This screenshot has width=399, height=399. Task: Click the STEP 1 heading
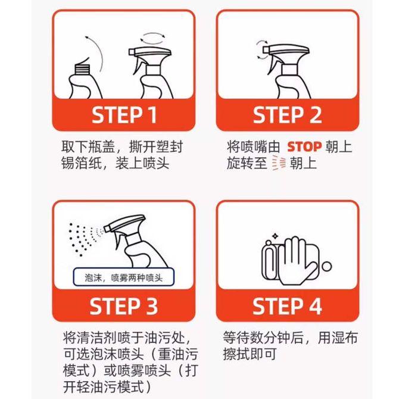pos(124,116)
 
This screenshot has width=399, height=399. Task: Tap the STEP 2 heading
pos(287,116)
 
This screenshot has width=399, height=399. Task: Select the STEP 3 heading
pos(124,306)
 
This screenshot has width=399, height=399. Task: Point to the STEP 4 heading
pos(287,306)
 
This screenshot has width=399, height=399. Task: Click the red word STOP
pos(304,147)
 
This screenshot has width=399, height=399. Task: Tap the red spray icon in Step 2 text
pos(279,163)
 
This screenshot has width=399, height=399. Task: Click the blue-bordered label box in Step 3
pos(124,277)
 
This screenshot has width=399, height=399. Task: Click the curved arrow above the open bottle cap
pos(95,52)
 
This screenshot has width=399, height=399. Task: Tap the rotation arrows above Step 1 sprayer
pos(152,39)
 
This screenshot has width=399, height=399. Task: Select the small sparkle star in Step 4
pos(275,236)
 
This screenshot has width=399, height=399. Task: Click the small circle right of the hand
pos(326,267)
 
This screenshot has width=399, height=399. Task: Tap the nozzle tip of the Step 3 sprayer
pos(107,229)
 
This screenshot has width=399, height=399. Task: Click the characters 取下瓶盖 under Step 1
pos(88,147)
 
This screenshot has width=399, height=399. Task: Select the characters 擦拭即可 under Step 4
pos(250,354)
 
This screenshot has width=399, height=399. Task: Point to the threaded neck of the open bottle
pos(82,68)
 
